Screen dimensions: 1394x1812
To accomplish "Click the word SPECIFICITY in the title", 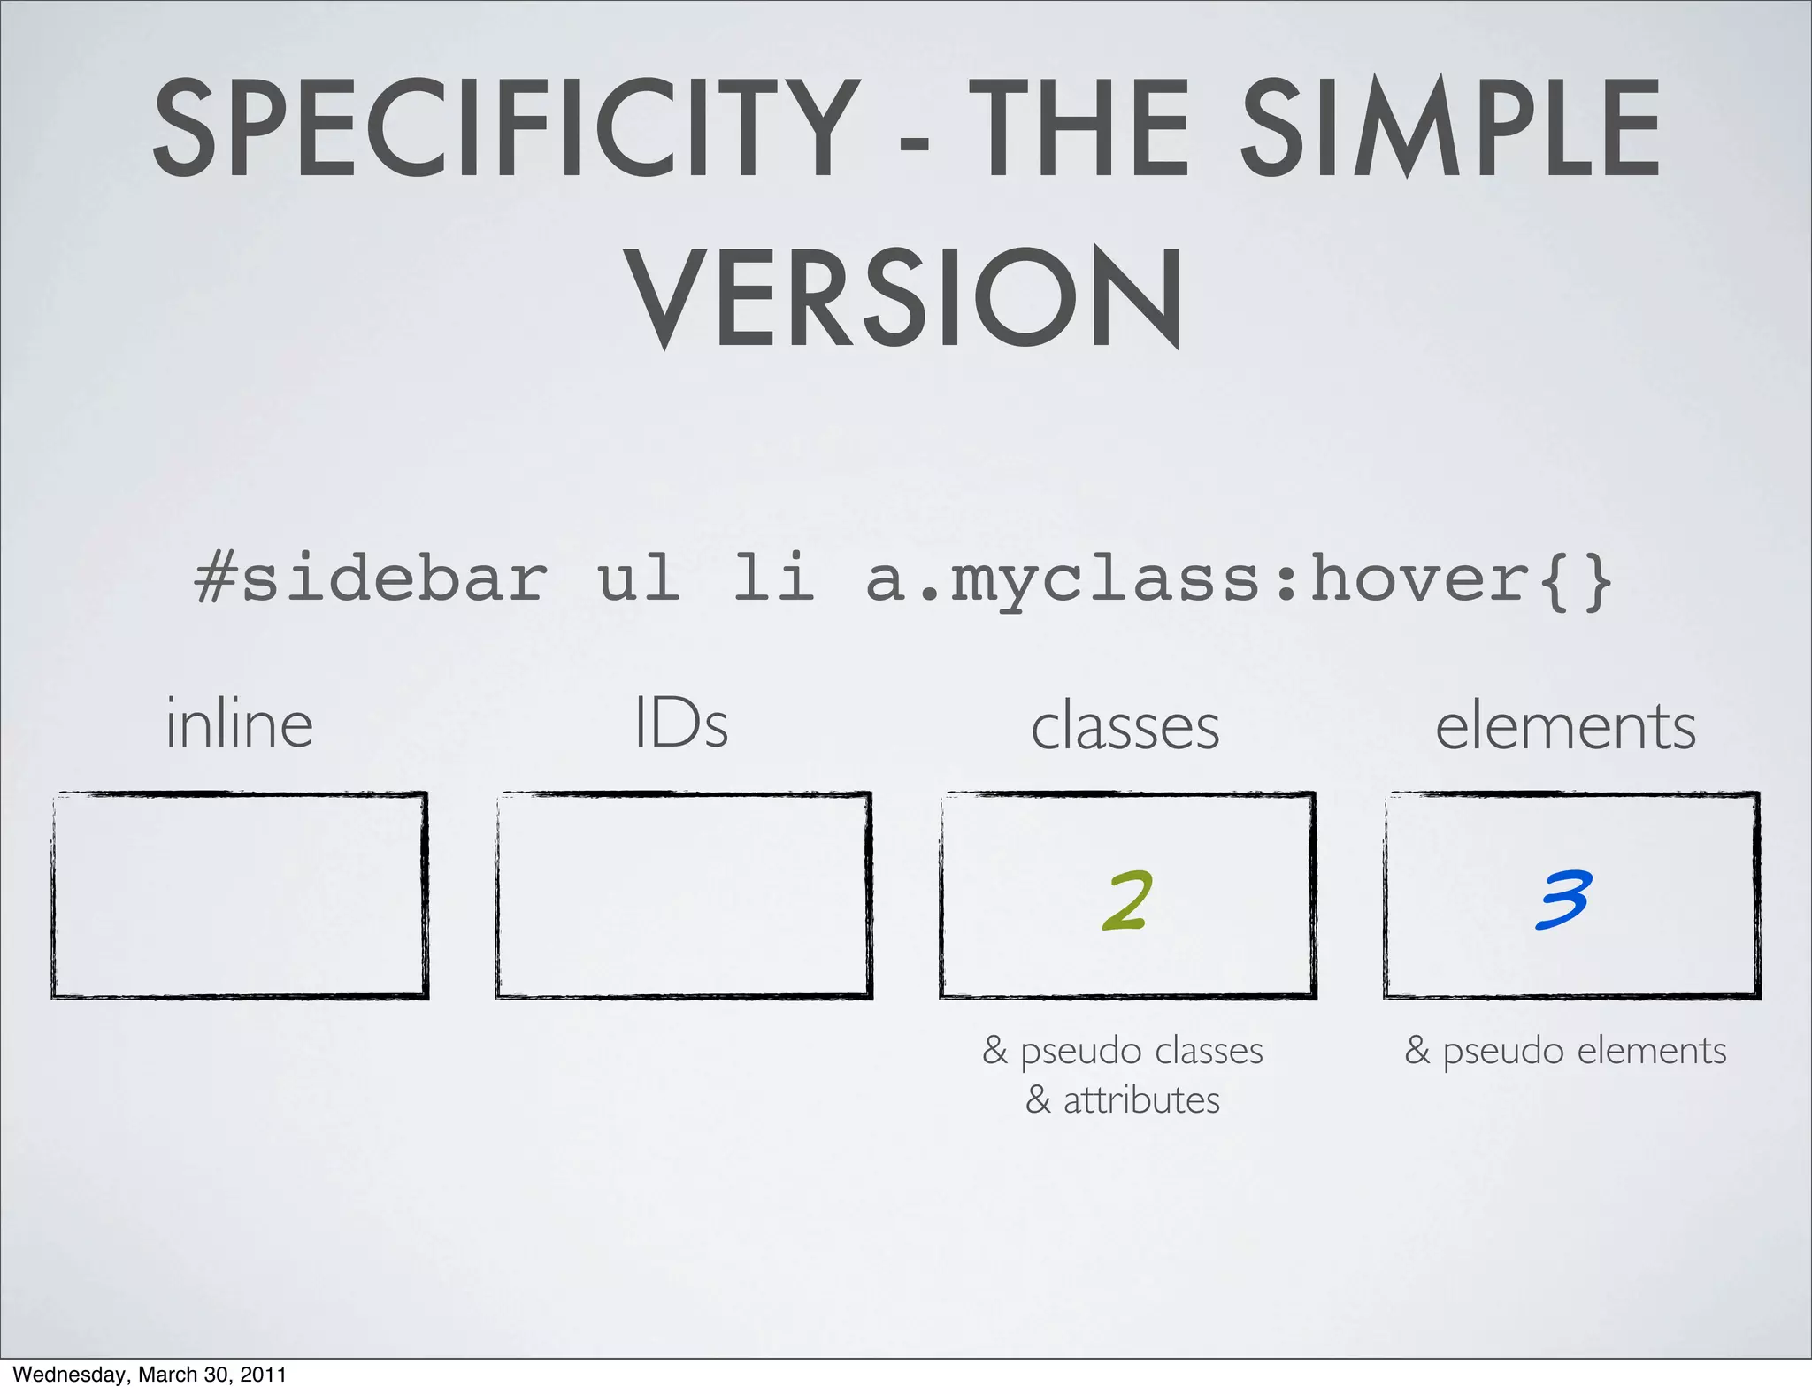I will point(505,129).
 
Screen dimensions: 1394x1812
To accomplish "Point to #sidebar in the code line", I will point(371,579).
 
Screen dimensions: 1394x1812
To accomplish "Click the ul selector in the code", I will point(639,579).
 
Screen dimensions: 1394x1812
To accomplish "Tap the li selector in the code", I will point(773,579).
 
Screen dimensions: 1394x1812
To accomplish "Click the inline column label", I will point(240,724).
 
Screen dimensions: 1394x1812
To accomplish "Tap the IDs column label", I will point(681,724).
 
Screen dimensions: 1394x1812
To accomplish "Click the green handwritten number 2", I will point(1128,900).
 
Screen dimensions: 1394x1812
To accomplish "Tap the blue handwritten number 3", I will point(1564,899).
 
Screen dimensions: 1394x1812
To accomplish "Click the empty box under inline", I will point(240,895).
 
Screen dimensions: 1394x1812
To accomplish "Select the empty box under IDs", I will point(683,895).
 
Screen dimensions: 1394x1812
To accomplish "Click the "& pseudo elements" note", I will point(1565,1051).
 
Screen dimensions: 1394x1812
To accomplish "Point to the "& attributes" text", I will point(1123,1100).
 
